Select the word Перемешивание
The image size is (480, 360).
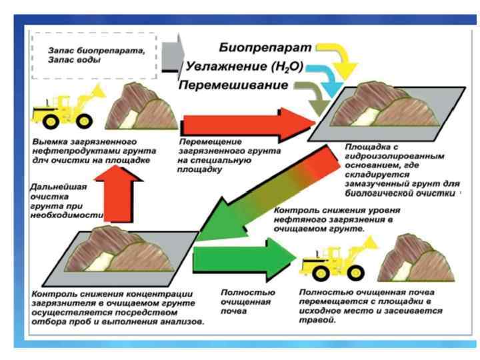(x=234, y=85)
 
